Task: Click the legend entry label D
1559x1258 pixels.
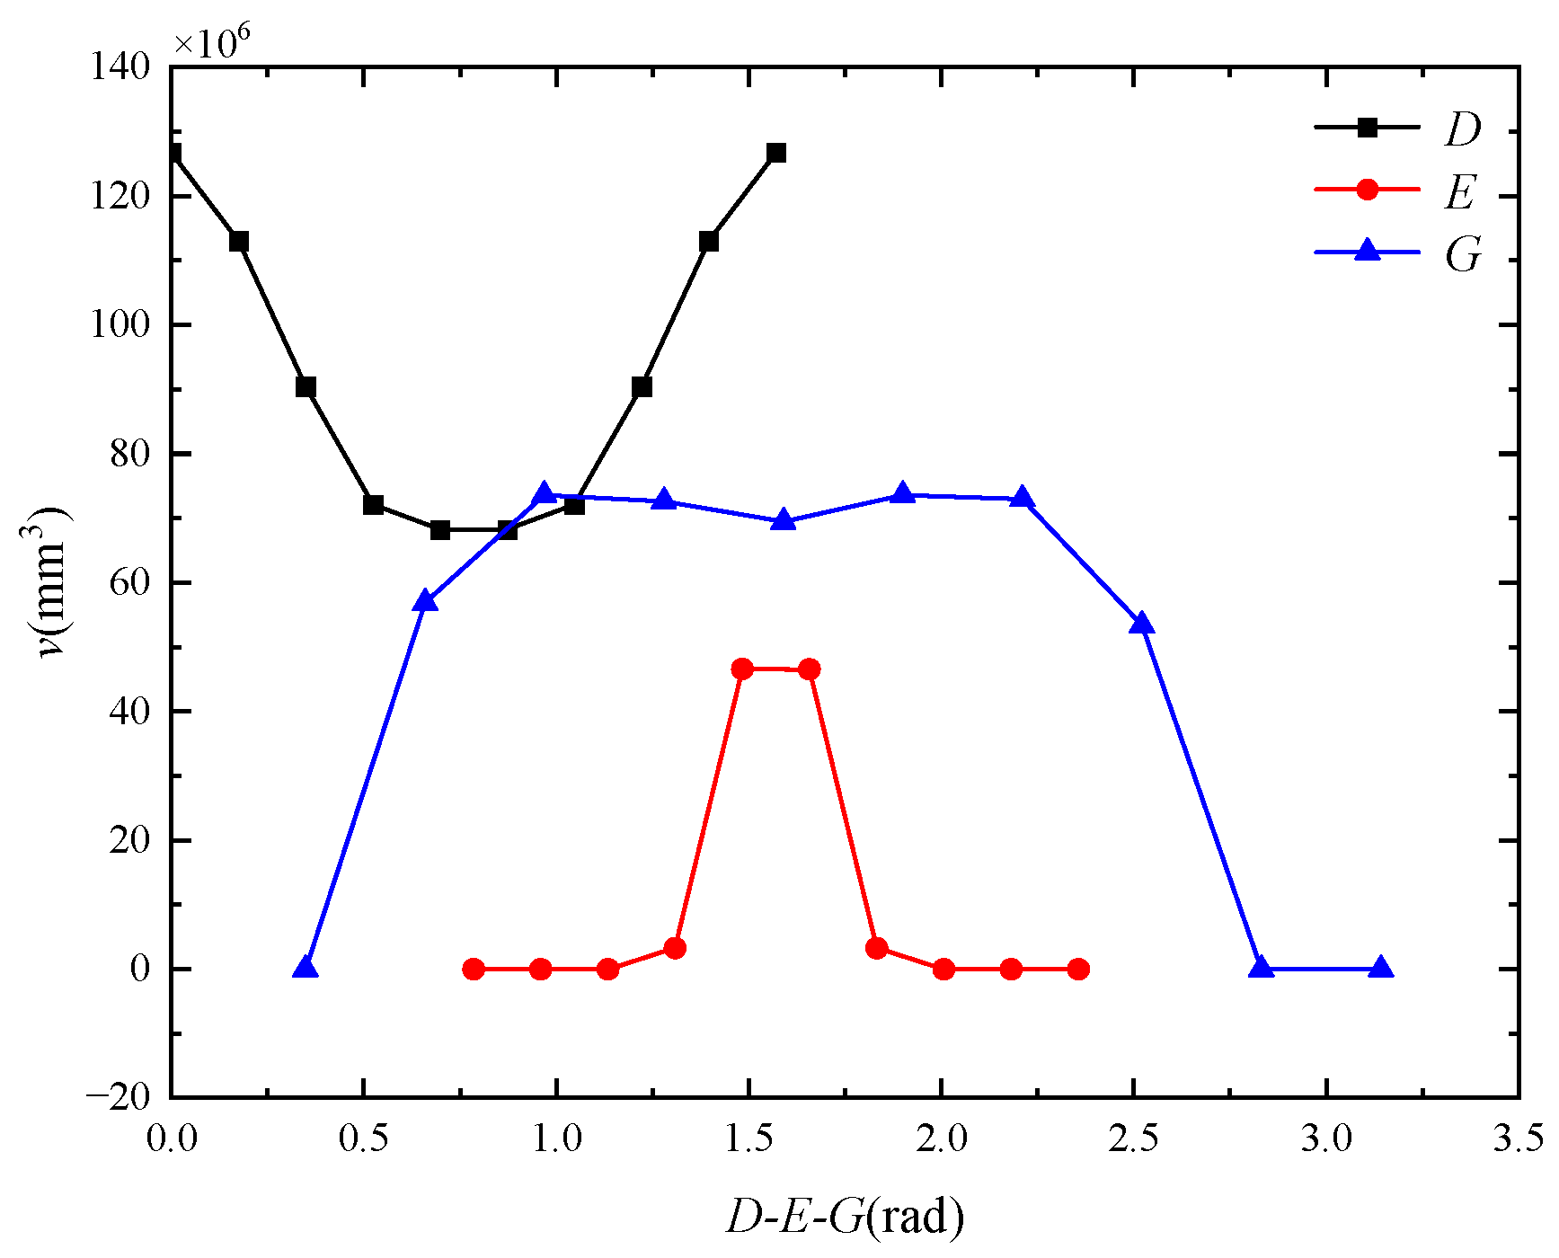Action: (1462, 129)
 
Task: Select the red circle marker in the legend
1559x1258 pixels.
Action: (1367, 190)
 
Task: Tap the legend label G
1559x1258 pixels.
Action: (1462, 255)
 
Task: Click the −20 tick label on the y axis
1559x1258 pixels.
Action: (117, 1097)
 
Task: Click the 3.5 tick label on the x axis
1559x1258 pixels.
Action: (1519, 1138)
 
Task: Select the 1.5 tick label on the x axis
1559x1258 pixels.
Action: (748, 1138)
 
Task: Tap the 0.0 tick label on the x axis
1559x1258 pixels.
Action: (171, 1138)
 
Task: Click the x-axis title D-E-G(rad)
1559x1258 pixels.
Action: (845, 1218)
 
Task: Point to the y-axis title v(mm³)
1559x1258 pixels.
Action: (51, 582)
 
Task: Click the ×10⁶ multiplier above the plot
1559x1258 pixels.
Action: (212, 41)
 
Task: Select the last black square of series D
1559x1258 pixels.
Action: (776, 153)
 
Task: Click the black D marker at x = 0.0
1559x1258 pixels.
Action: (173, 154)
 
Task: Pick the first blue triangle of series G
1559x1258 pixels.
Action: (306, 967)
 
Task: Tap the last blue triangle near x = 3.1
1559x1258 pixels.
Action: (1381, 967)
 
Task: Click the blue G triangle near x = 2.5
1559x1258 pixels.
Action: (1141, 624)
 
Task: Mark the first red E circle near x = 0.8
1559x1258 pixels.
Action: (474, 969)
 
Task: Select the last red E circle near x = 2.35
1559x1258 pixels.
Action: (1078, 969)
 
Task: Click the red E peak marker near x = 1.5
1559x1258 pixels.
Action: (742, 669)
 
